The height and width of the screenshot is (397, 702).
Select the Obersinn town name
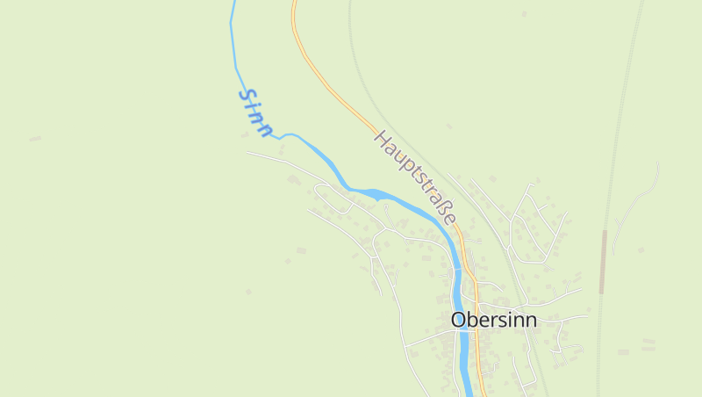pos(493,320)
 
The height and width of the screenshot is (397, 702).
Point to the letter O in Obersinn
pos(459,320)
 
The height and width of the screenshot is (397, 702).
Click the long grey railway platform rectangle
pos(604,262)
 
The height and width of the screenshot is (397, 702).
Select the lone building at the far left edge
pos(34,139)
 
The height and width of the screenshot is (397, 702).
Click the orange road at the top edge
pos(294,7)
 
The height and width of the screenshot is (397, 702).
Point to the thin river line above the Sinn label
pos(233,35)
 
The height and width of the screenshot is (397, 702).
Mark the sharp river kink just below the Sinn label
pos(279,137)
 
